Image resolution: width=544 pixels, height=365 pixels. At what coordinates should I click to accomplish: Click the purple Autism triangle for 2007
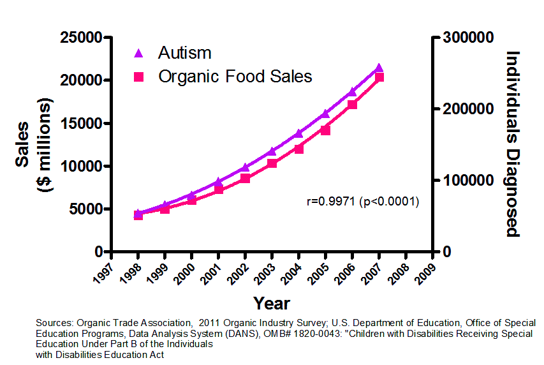tap(379, 68)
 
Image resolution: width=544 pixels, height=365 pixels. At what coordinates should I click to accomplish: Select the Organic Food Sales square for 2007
tap(379, 77)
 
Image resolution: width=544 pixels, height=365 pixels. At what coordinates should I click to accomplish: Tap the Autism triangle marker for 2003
tap(272, 151)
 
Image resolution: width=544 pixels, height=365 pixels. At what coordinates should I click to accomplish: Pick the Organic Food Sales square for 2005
tap(325, 130)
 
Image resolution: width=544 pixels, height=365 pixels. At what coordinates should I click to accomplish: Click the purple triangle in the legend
tap(139, 53)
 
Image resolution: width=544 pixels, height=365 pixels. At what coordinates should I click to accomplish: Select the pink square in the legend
tap(139, 77)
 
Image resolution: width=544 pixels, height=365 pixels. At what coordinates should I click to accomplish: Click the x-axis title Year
tap(271, 303)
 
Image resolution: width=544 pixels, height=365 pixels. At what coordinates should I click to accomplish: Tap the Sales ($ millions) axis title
tap(35, 144)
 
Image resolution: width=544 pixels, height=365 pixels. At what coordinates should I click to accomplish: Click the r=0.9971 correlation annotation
tap(362, 202)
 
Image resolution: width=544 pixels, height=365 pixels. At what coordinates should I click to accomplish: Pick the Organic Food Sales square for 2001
tap(218, 190)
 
